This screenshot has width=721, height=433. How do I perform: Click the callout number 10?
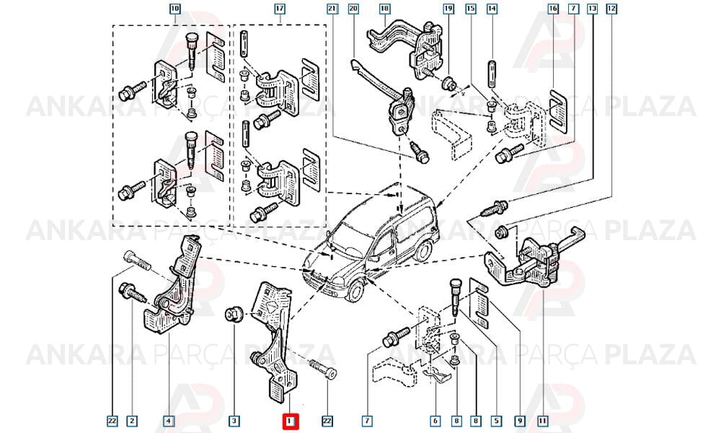point(174,9)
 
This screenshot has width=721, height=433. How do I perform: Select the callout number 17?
point(280,9)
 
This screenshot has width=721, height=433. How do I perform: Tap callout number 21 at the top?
point(332,9)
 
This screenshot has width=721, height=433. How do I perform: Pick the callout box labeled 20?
point(353,9)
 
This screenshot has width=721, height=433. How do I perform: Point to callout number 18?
point(384,9)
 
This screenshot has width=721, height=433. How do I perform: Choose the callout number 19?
point(448,9)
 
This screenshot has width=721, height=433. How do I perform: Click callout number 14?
point(492,9)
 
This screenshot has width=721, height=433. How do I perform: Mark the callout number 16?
point(553,9)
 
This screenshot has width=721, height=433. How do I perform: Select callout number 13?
point(592,9)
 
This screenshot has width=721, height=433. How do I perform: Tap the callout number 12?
point(611,9)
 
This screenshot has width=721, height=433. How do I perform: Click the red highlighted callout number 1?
point(290,421)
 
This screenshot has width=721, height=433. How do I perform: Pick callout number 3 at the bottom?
point(234,421)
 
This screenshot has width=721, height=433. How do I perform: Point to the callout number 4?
point(169,421)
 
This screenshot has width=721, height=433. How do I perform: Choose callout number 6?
point(435,421)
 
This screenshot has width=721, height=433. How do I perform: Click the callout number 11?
point(543,421)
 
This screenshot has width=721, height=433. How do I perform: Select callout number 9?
point(520,421)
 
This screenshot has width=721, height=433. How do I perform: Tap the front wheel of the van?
point(355,292)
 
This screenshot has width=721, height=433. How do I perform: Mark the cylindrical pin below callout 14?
point(492,74)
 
